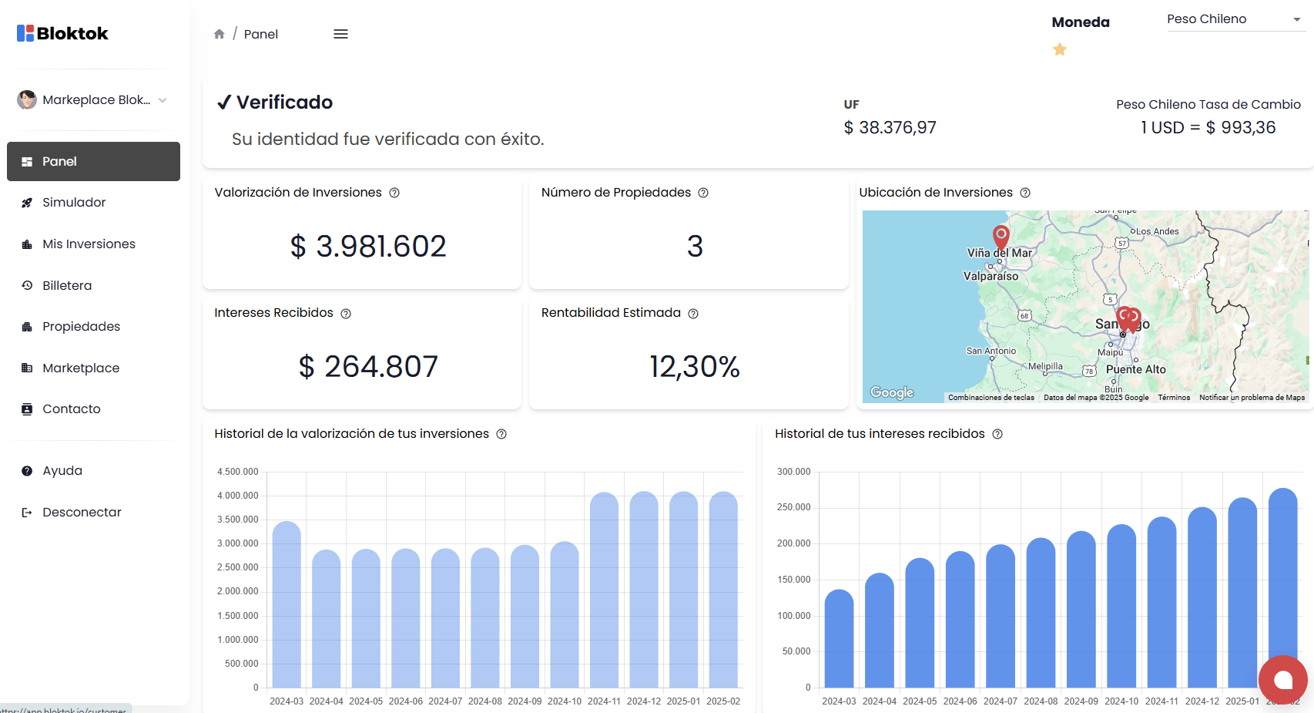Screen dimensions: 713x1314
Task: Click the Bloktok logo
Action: [x=62, y=33]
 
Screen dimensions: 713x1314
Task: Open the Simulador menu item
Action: [x=74, y=203]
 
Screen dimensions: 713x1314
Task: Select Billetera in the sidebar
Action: [x=67, y=285]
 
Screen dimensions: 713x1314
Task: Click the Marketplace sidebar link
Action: [x=81, y=368]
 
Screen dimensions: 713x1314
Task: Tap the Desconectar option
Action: [x=82, y=512]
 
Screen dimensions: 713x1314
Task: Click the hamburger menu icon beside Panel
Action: [x=340, y=34]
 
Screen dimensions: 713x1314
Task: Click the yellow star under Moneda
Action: [x=1060, y=49]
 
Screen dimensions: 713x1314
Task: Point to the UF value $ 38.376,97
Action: [x=890, y=127]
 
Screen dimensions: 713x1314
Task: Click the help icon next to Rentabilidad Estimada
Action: [x=693, y=314]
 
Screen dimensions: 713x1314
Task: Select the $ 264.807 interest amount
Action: [x=368, y=366]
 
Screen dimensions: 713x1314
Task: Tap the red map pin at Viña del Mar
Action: [x=1001, y=234]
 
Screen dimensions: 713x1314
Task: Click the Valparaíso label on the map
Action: [x=991, y=276]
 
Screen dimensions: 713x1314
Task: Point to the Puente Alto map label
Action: [x=1135, y=369]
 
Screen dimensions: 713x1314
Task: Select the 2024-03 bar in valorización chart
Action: [x=287, y=605]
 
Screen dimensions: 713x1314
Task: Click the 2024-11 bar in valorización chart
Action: [x=604, y=590]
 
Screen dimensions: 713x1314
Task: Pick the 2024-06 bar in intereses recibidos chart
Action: [x=960, y=621]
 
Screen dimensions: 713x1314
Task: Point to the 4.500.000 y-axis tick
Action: [x=237, y=472]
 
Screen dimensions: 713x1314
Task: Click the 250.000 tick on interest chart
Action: [x=793, y=507]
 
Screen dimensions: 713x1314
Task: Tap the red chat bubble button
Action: [x=1282, y=680]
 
